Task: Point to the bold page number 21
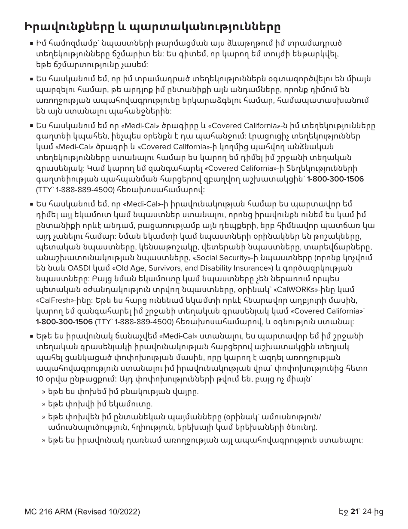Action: click(354, 511)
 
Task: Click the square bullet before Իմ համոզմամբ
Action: click(32, 44)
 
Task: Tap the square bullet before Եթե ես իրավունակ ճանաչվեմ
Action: click(32, 336)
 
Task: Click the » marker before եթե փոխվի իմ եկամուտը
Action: click(44, 404)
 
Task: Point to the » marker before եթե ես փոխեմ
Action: click(44, 392)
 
